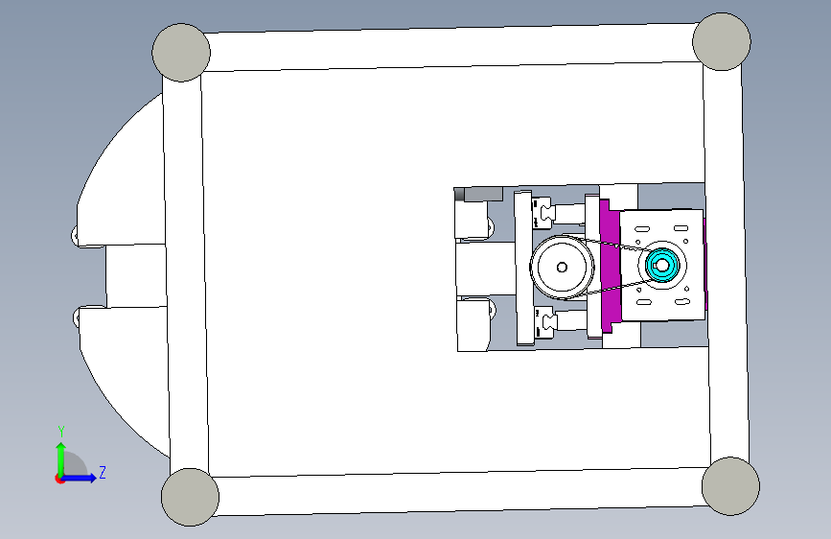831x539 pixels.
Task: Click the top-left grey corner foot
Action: tap(181, 53)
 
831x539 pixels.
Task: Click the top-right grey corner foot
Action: tap(722, 42)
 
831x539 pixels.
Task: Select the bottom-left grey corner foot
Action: tap(190, 497)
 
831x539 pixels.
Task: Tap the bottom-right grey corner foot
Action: tap(730, 486)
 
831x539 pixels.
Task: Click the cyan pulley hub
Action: tap(662, 266)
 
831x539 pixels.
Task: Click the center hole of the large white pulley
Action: tap(562, 268)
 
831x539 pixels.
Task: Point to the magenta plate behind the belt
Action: tap(610, 266)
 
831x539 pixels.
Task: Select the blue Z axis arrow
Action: tap(78, 478)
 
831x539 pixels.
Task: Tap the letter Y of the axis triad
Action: tap(61, 432)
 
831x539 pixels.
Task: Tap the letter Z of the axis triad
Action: tap(103, 472)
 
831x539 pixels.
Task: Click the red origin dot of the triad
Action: tap(59, 479)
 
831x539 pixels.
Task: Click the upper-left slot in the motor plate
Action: tap(642, 230)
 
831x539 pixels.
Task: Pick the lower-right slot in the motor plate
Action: tap(681, 302)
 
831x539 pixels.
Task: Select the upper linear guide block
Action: tap(542, 212)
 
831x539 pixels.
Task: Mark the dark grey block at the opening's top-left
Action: tap(478, 194)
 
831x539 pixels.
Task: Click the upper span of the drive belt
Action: tap(614, 244)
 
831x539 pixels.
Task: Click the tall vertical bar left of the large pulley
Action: tap(524, 268)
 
